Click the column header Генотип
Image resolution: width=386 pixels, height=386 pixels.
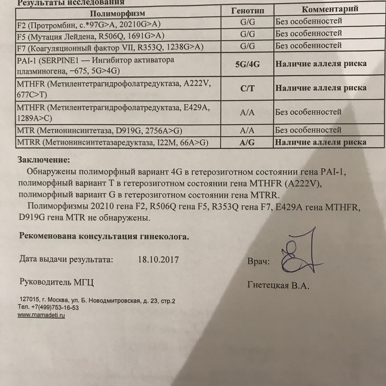pyautogui.click(x=248, y=11)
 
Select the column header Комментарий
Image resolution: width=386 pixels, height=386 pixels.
pyautogui.click(x=330, y=10)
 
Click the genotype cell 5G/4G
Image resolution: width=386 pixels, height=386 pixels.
pyautogui.click(x=248, y=65)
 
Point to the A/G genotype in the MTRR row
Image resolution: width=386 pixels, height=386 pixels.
pyautogui.click(x=248, y=142)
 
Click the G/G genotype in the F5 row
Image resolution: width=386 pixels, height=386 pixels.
pyautogui.click(x=248, y=34)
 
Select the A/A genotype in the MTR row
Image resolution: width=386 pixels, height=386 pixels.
pyautogui.click(x=248, y=129)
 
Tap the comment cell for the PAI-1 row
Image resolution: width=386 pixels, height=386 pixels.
pyautogui.click(x=320, y=64)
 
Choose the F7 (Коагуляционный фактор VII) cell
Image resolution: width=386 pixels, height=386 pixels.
pyautogui.click(x=110, y=47)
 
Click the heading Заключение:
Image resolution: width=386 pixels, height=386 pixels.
pyautogui.click(x=44, y=160)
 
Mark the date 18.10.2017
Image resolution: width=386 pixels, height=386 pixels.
pyautogui.click(x=157, y=260)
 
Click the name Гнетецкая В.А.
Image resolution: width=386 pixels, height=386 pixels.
pyautogui.click(x=278, y=286)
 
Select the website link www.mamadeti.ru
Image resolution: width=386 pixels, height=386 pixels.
pyautogui.click(x=42, y=316)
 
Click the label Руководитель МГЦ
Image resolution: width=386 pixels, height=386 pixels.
pyautogui.click(x=56, y=282)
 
